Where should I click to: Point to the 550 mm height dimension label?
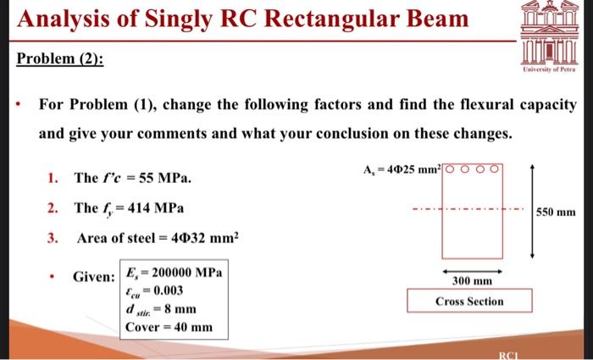pos(559,212)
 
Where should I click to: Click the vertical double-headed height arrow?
pos(532,212)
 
